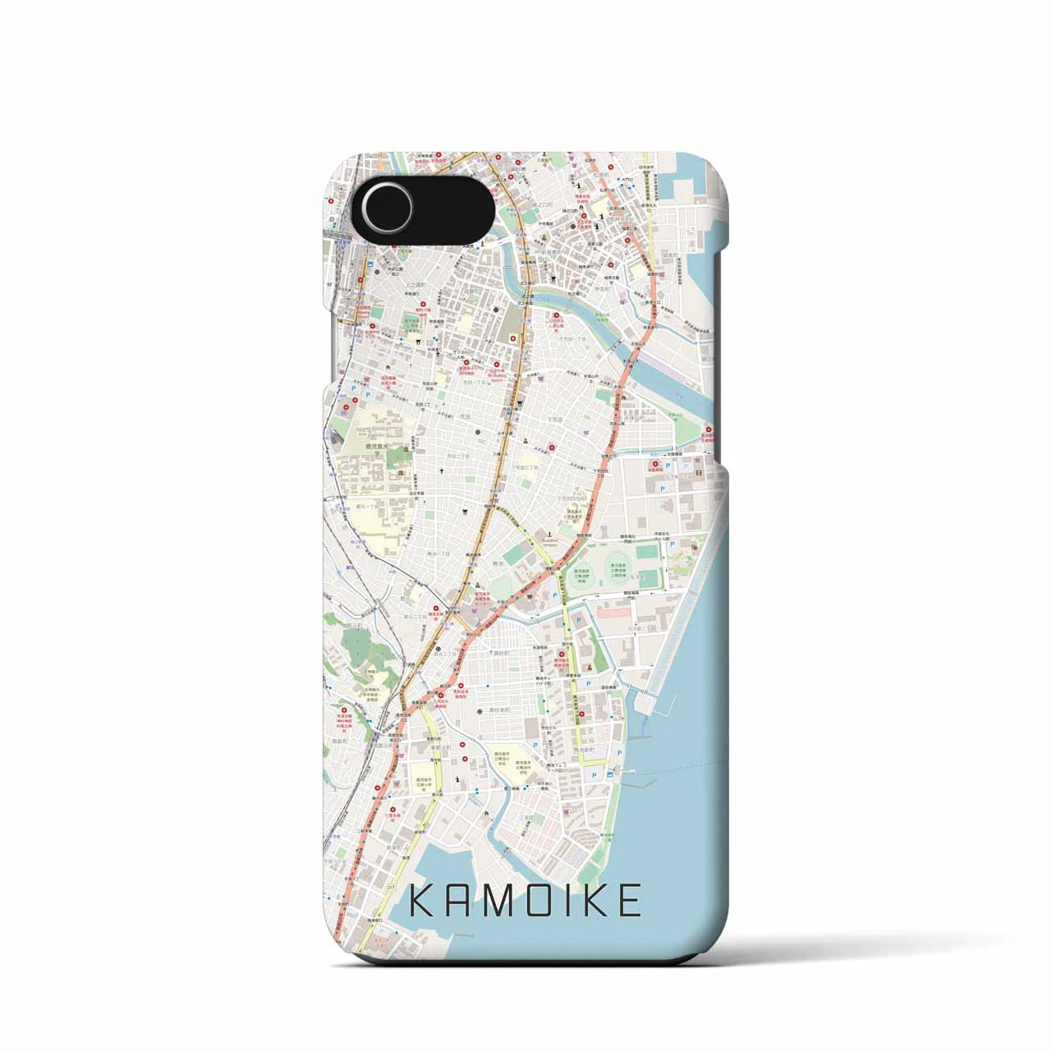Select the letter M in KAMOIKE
click(497, 901)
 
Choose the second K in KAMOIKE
click(593, 901)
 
